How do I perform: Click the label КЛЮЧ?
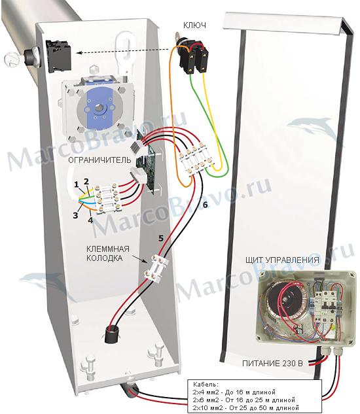point(194,25)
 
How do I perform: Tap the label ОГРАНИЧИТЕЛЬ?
point(99,160)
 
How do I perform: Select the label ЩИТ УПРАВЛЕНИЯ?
point(282,260)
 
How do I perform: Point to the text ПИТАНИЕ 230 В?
point(272,364)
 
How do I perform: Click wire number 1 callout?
point(77,184)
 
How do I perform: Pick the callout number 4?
point(90,220)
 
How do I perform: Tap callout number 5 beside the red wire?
point(161,239)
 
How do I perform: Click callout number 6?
point(205,205)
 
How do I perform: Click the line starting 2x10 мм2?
point(246,407)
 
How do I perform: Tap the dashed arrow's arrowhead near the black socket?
point(79,53)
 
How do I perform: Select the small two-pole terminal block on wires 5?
point(156,268)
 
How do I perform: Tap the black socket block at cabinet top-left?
point(59,55)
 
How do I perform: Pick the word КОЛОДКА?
point(105,258)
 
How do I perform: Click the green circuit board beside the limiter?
point(146,163)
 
